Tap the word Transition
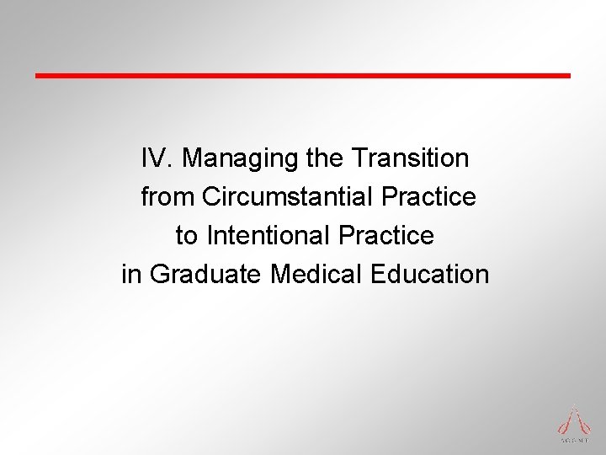[x=412, y=158]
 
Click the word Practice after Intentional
[x=386, y=236]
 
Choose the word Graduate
[x=206, y=275]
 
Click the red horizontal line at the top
[x=303, y=75]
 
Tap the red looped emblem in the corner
[x=572, y=418]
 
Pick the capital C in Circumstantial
[x=210, y=197]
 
